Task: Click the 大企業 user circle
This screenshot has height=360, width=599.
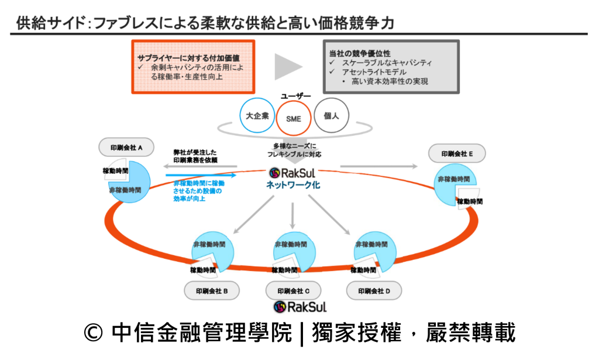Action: tap(257, 115)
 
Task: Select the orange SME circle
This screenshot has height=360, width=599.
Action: tap(293, 118)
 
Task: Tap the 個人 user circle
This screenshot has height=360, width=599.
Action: tap(331, 115)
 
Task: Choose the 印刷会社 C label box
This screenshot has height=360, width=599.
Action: tap(292, 290)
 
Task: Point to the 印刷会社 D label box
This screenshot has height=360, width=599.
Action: tap(374, 290)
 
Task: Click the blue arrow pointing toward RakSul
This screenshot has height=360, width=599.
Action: tap(201, 174)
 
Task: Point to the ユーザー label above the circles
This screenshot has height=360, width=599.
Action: tap(296, 95)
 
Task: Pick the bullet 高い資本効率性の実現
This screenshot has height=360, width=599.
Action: tap(390, 81)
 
